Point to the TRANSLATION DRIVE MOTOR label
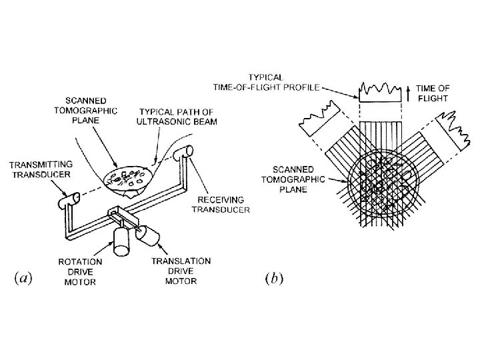181,271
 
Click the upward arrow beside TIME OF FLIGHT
407,92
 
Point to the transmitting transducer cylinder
70,198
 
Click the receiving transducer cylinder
183,158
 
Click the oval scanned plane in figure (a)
129,177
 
